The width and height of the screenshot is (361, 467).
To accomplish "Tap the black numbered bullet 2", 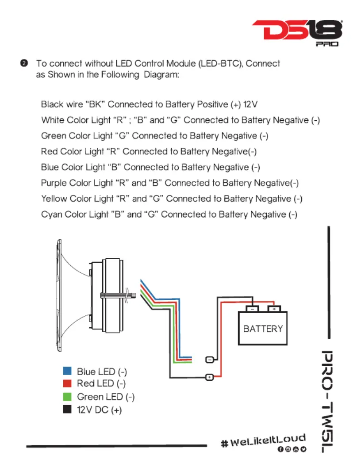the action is (24, 63).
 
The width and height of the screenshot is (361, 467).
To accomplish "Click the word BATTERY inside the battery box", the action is (263, 329).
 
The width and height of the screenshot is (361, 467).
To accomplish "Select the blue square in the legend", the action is (67, 371).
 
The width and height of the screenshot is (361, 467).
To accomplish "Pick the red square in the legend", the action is (67, 383).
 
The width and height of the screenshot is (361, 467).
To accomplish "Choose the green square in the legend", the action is (67, 397).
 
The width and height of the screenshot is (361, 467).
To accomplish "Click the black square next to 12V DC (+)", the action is (67, 409).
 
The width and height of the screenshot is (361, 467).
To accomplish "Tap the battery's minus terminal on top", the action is (252, 309).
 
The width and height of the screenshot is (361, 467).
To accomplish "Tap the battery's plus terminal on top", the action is (274, 309).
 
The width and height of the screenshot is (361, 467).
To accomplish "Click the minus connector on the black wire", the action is (210, 360).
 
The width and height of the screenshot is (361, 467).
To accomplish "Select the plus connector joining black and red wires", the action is (210, 377).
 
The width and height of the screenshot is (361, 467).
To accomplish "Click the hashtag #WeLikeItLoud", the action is (264, 440).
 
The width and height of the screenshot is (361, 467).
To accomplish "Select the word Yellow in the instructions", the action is (54, 199).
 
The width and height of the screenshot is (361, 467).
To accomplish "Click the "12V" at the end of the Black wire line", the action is (250, 104).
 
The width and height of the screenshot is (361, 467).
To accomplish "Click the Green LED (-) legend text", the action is (106, 397).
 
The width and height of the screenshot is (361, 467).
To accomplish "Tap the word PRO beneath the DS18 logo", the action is (327, 44).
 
